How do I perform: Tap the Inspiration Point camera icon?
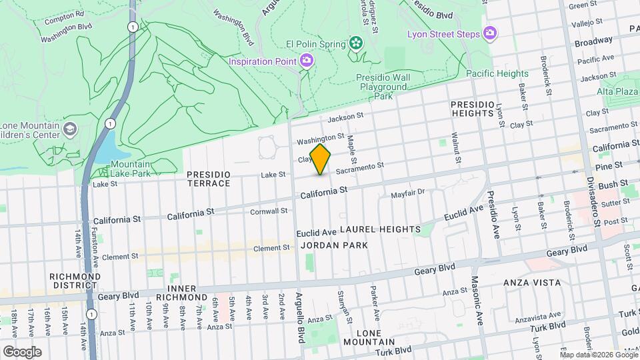tap(307, 61)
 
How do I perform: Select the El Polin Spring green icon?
tap(357, 44)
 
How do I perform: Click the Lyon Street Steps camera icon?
tap(491, 32)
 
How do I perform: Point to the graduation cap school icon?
tap(71, 128)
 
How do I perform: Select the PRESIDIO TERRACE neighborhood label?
tap(209, 179)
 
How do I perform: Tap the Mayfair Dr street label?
tap(407, 193)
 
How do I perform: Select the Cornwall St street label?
tap(269, 211)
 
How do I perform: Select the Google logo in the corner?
tap(22, 351)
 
